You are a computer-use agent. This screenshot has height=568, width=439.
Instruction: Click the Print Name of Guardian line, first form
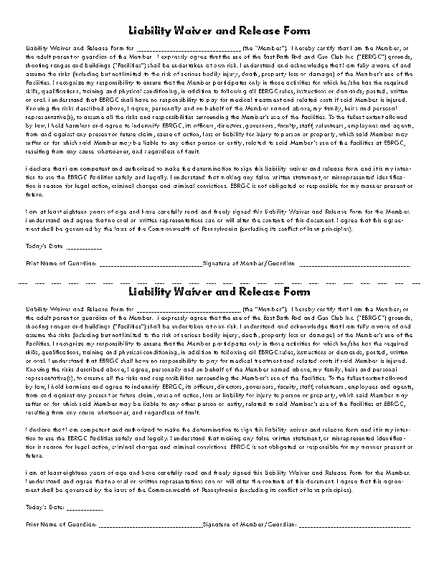(151, 265)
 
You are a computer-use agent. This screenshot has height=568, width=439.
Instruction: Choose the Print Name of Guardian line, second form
(151, 525)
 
